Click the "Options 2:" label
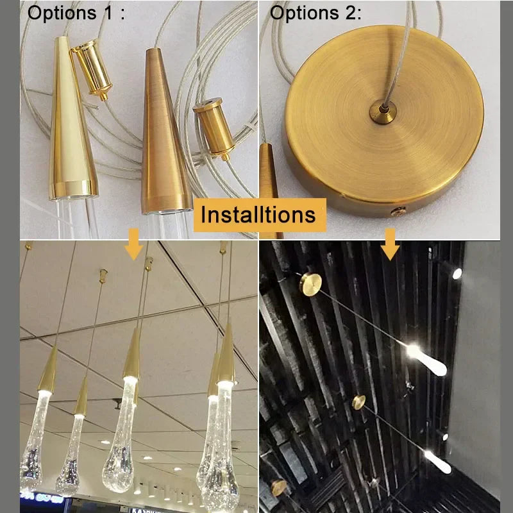(x=316, y=13)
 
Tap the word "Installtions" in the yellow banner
(x=258, y=214)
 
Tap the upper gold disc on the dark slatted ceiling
(x=310, y=283)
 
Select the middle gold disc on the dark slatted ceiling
(x=358, y=403)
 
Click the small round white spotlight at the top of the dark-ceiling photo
(x=457, y=274)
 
